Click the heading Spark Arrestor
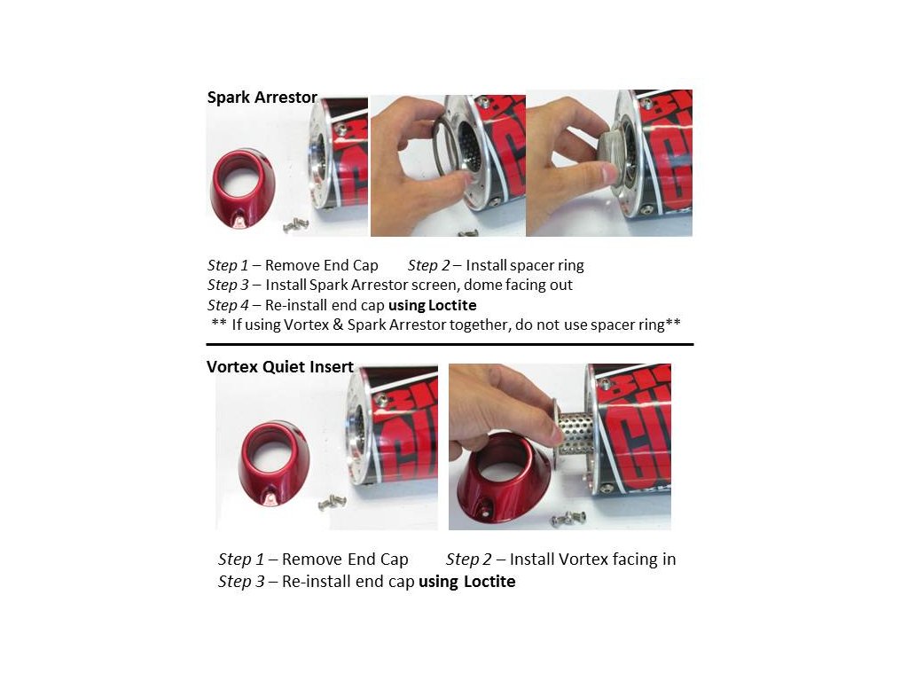[262, 98]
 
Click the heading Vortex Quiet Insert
[280, 367]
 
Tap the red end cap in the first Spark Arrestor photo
[242, 188]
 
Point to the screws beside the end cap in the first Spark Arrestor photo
[296, 225]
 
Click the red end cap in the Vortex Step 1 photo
[274, 462]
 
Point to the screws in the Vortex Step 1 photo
[332, 502]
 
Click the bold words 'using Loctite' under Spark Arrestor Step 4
[433, 305]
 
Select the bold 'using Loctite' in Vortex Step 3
[466, 582]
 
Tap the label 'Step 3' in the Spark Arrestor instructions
[228, 285]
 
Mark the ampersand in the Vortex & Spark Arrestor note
[338, 325]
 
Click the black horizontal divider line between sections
[450, 345]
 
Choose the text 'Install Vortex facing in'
[592, 560]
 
